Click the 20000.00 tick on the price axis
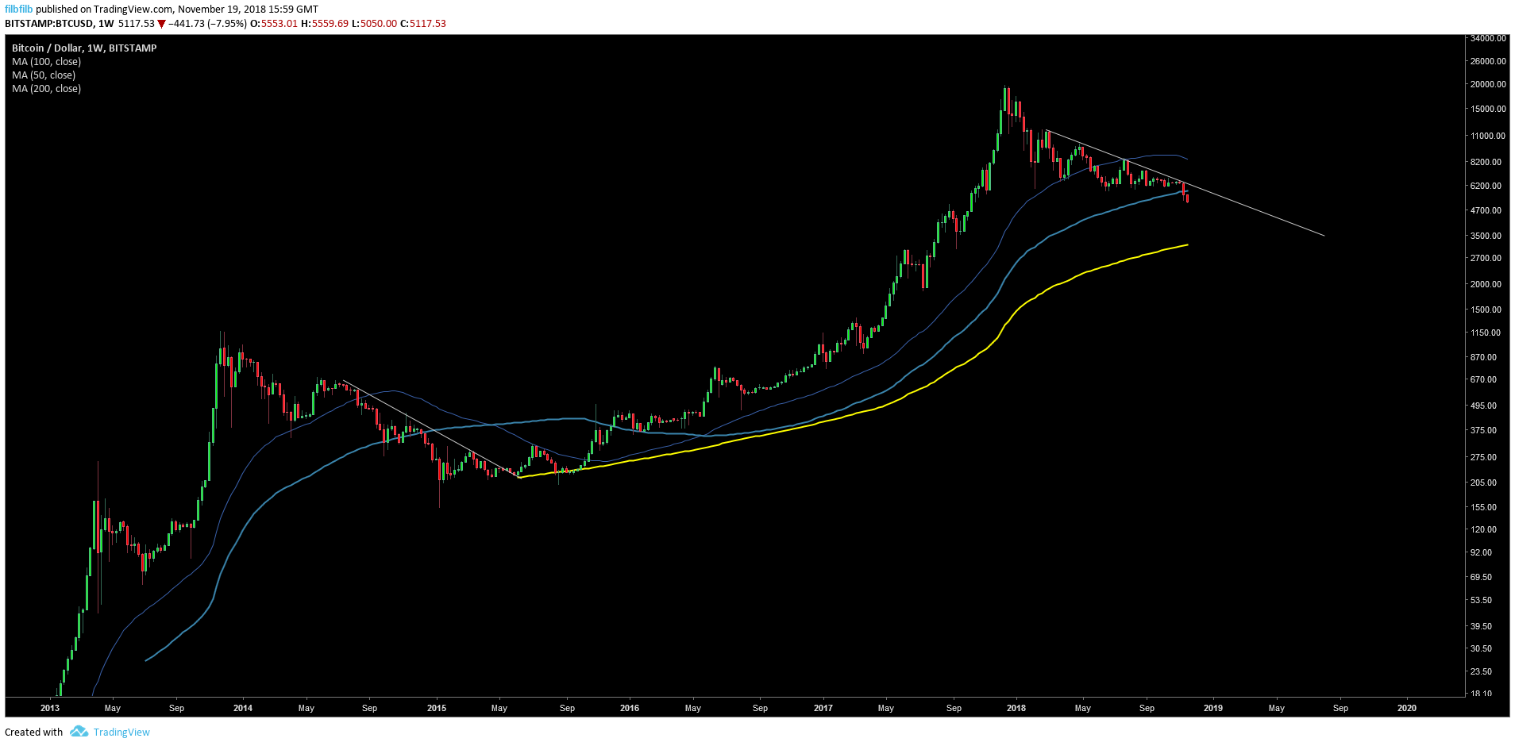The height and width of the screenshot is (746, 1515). (x=1488, y=84)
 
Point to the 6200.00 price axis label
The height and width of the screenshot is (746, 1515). (x=1486, y=186)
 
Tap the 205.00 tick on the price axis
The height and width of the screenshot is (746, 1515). (x=1483, y=483)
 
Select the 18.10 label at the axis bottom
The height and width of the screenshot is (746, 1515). (x=1481, y=694)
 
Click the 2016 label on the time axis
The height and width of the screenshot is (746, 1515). (x=629, y=708)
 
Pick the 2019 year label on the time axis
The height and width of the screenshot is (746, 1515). (x=1212, y=708)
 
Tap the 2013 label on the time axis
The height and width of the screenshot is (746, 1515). (x=49, y=708)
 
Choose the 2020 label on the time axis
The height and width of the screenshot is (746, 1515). (x=1406, y=708)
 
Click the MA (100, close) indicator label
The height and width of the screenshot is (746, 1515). (x=46, y=62)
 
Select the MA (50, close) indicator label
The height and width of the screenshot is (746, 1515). (x=44, y=75)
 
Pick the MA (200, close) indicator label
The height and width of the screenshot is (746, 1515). (x=46, y=89)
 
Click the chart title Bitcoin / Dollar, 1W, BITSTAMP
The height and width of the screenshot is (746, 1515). (x=84, y=48)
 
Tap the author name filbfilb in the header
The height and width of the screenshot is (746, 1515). (x=18, y=10)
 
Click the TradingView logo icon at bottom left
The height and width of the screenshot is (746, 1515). (x=79, y=732)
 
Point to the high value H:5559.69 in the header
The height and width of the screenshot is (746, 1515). (x=324, y=24)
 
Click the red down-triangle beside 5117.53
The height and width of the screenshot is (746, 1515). (x=161, y=24)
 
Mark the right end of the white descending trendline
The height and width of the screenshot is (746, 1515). (x=1324, y=235)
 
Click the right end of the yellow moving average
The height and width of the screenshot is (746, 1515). (x=1187, y=244)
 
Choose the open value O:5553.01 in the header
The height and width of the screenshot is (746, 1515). (x=274, y=24)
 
